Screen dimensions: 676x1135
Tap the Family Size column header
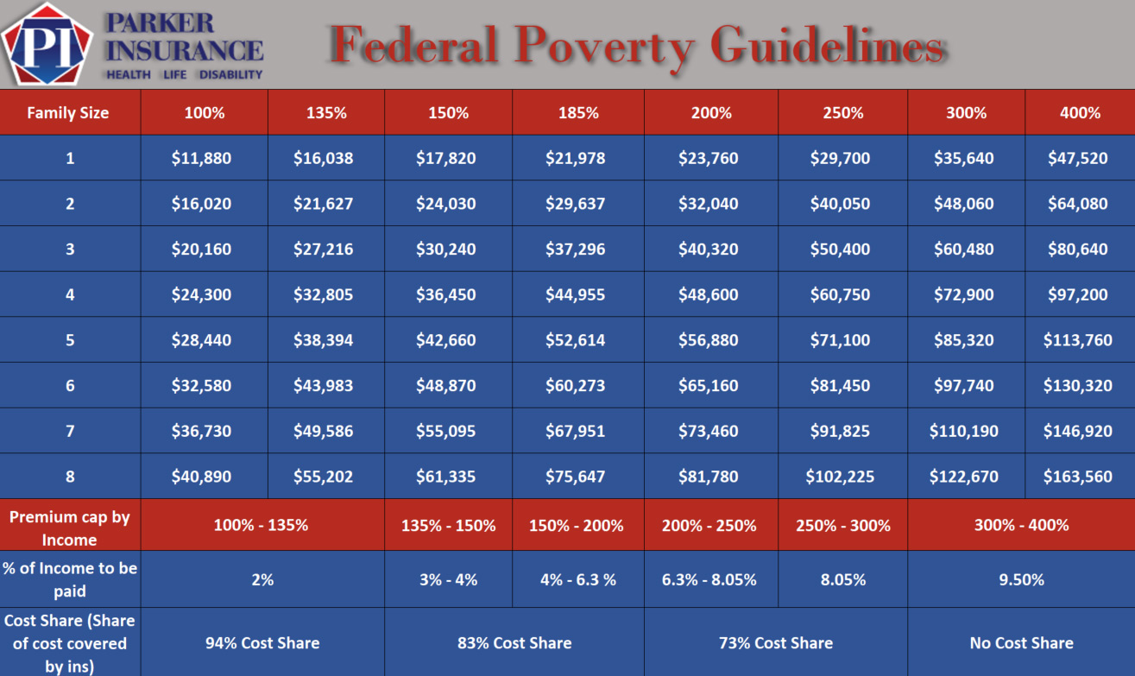[x=68, y=113]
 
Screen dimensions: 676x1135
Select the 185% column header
[x=577, y=113]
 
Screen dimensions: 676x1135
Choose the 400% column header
[x=1080, y=113]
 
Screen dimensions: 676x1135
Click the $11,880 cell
[x=201, y=159]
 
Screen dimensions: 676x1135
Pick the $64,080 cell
[x=1077, y=205]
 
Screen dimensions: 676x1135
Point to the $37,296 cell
[x=575, y=250]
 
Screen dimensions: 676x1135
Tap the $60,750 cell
[x=840, y=295]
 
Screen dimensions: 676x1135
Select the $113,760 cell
[x=1077, y=340]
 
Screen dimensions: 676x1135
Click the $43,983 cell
[x=323, y=386]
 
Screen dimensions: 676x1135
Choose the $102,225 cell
[x=840, y=477]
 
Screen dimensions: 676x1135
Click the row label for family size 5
[x=70, y=340]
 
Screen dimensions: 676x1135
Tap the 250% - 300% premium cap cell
[x=842, y=525]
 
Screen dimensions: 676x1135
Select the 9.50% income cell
[x=1021, y=579]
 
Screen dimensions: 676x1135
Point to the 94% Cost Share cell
[x=262, y=643]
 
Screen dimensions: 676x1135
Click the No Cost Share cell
[x=1021, y=643]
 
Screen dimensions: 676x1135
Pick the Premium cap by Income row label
[x=70, y=528]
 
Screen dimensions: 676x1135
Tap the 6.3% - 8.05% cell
[x=709, y=579]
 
